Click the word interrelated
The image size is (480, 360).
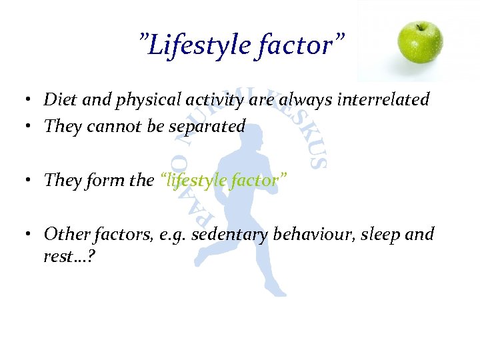coord(383,100)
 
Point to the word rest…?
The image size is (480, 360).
coord(68,256)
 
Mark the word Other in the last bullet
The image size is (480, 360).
coord(63,234)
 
